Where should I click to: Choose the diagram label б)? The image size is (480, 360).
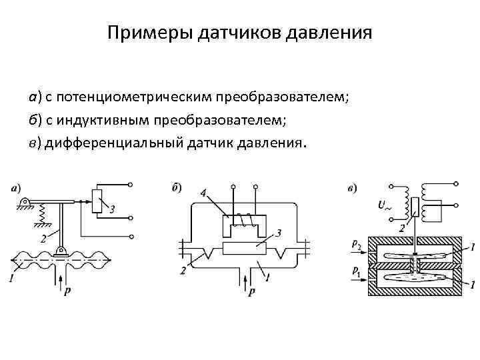pyautogui.click(x=177, y=187)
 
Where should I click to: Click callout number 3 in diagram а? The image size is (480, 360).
pyautogui.click(x=112, y=210)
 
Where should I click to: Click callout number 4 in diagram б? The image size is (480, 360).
pyautogui.click(x=202, y=193)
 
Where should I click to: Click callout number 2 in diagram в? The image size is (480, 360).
pyautogui.click(x=402, y=228)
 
